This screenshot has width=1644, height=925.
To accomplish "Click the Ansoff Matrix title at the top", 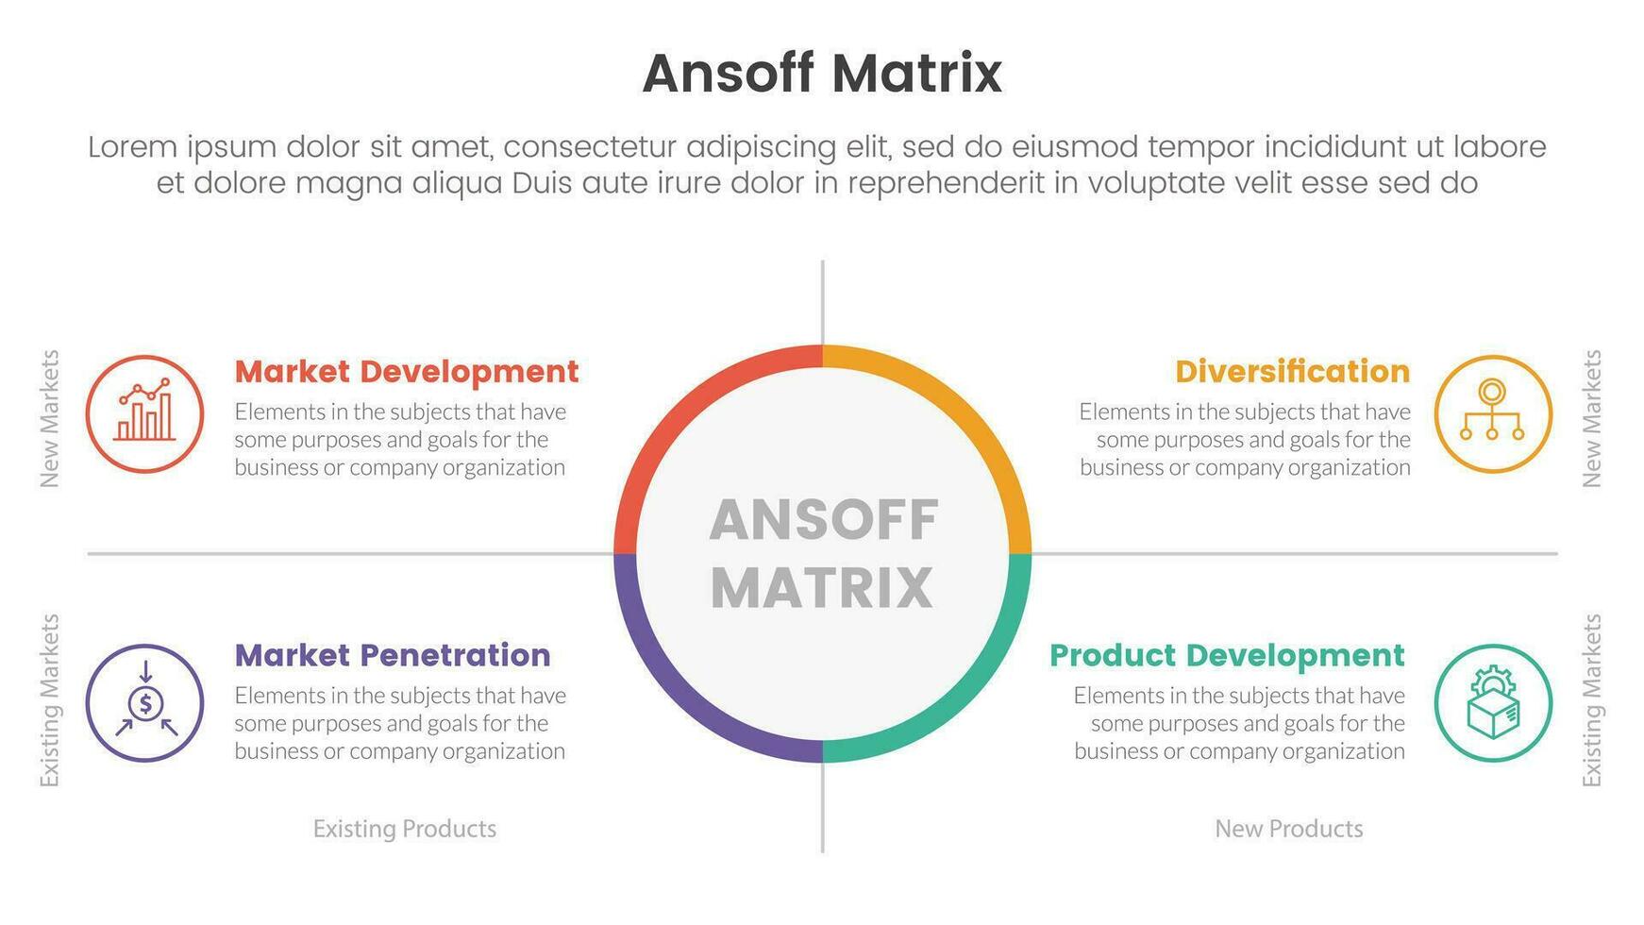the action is [x=822, y=73].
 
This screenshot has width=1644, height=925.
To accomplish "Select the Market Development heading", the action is [x=407, y=371].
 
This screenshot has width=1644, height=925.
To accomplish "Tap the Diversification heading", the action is [x=1292, y=371].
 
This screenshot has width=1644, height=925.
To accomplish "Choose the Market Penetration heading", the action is [x=393, y=654].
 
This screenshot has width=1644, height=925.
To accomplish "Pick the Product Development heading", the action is [x=1227, y=655].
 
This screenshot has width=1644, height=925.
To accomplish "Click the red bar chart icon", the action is [x=144, y=413].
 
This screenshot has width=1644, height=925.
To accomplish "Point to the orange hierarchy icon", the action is [x=1493, y=413].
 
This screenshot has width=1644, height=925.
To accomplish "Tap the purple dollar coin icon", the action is [x=144, y=702].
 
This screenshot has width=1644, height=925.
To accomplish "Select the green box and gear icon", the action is [x=1493, y=702].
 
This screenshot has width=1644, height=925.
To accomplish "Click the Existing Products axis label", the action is [x=405, y=828].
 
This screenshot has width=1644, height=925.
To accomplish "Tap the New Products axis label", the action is [x=1289, y=828].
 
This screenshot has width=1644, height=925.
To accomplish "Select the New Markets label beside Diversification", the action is [x=1592, y=418].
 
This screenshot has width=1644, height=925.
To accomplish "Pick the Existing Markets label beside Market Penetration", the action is [x=49, y=700].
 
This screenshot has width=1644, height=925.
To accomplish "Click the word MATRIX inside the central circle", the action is [x=822, y=587].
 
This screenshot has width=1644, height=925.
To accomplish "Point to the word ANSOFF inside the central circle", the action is [x=824, y=520].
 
